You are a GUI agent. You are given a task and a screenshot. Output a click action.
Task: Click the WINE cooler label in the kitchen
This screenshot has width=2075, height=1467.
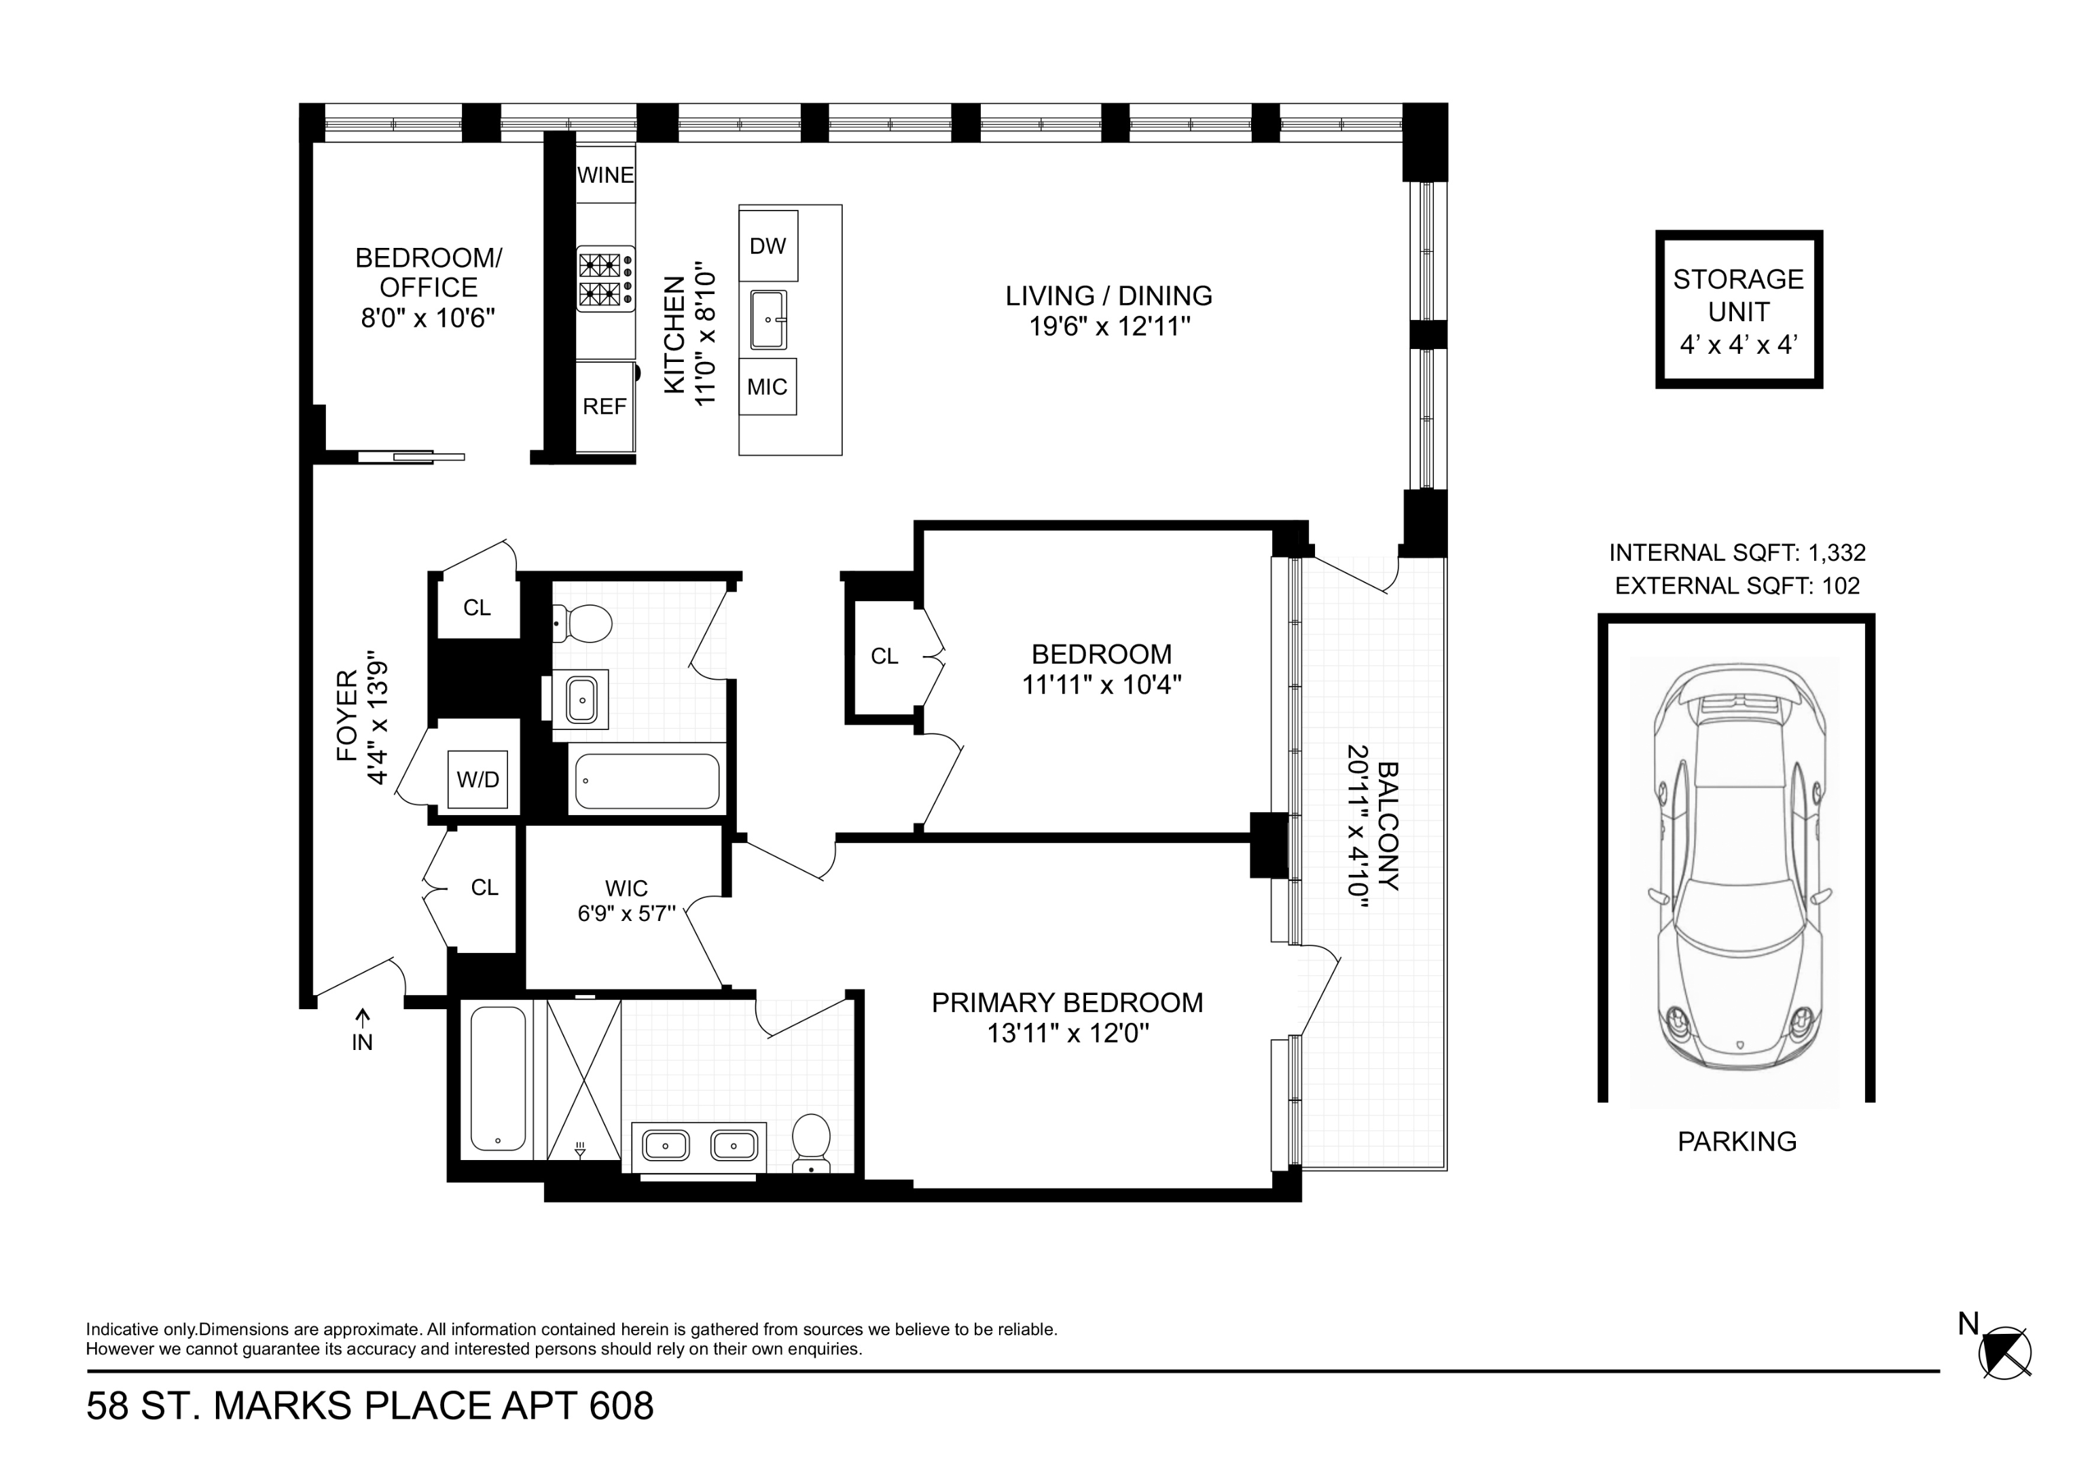pos(605,175)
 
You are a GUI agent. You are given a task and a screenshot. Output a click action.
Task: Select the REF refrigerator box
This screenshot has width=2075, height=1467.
pos(604,407)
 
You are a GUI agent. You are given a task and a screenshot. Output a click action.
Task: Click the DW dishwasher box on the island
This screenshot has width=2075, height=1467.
pos(768,246)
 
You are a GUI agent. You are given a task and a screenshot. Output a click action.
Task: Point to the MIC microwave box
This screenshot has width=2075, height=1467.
pos(768,387)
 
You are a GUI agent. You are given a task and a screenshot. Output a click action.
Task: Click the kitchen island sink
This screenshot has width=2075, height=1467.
pos(768,320)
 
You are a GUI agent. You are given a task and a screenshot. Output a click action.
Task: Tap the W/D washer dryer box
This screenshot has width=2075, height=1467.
pos(477,779)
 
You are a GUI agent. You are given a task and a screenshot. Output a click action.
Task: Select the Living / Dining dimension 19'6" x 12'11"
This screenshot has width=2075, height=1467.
pos(1109,326)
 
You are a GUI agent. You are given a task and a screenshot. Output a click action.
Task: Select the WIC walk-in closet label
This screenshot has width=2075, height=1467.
pos(626,888)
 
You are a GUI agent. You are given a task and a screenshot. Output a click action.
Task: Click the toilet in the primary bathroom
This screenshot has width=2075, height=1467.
pos(811,1142)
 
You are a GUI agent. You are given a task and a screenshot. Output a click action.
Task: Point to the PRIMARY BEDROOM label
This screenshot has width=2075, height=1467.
pos(1066,1002)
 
